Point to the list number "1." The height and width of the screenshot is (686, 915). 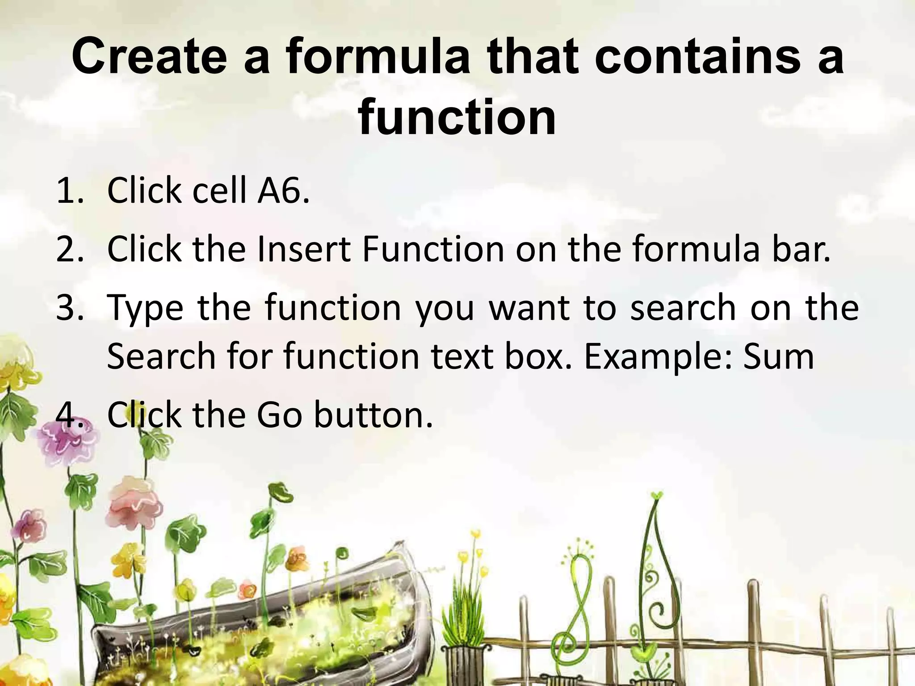click(70, 191)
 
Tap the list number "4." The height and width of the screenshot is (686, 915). click(70, 414)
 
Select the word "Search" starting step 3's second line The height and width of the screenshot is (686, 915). click(161, 356)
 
